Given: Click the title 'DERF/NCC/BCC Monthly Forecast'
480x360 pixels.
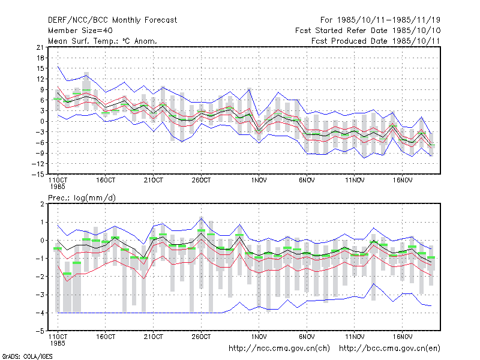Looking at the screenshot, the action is tap(112, 20).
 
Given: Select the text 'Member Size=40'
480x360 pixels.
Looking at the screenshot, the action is tap(80, 31).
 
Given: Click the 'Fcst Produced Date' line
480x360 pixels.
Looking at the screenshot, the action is tap(376, 41).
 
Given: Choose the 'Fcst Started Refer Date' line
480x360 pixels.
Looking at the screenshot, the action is tap(368, 31).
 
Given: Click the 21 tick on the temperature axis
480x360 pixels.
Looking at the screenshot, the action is tap(40, 47).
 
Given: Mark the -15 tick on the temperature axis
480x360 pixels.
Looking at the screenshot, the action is tap(38, 174).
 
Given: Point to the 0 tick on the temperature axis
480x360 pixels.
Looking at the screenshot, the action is tap(42, 122).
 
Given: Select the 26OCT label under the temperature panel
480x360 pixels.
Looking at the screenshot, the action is tap(201, 181).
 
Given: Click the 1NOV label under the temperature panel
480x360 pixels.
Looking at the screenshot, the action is tap(259, 181).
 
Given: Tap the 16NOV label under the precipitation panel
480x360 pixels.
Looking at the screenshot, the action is tap(402, 337).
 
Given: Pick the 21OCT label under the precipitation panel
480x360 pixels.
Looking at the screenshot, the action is tap(154, 337).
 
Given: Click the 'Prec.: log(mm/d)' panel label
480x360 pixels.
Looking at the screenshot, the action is tap(82, 198).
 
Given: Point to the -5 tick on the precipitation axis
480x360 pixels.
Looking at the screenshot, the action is tap(40, 331).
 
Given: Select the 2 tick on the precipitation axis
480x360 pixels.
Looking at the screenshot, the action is tap(42, 204).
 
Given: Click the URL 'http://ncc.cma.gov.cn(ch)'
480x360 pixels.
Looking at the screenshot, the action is tap(279, 349).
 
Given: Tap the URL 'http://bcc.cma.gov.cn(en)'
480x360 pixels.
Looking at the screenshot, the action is tap(389, 349).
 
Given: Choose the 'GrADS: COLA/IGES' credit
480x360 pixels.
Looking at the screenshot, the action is tap(27, 356).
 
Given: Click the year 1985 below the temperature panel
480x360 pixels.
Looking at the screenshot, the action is tap(58, 187).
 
